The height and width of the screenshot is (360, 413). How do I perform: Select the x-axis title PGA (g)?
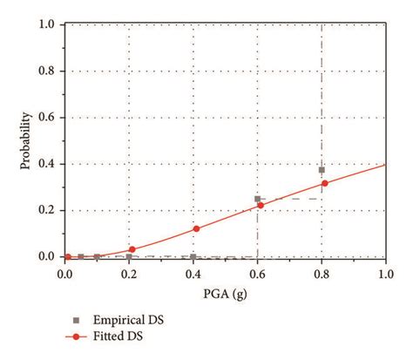point(226,294)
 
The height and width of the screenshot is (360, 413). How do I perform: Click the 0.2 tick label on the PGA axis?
point(129,274)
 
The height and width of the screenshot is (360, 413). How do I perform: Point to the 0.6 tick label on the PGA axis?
point(257,274)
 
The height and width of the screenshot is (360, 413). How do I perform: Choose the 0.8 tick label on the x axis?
point(322,274)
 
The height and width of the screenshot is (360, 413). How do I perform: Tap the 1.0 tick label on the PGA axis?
point(385,274)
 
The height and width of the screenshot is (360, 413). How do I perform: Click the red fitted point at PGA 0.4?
point(196,228)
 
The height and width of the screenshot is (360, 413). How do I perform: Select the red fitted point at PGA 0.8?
point(325,183)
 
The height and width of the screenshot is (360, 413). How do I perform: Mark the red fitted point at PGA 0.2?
point(132,249)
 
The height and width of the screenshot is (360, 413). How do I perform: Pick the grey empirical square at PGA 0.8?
point(322,170)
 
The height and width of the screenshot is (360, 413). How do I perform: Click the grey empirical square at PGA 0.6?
point(257,199)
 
